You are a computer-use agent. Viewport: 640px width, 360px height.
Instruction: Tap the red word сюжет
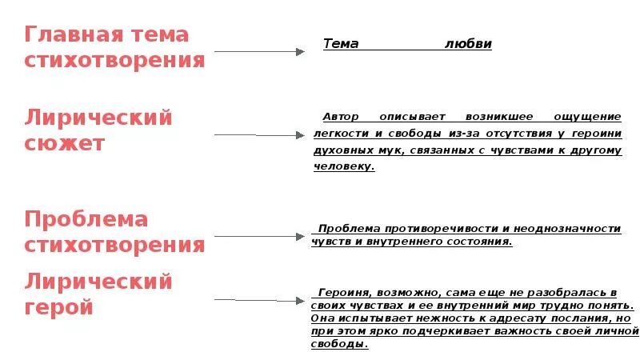65,144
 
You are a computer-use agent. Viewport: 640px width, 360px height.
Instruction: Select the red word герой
59,307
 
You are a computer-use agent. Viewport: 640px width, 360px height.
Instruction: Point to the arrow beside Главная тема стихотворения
259,51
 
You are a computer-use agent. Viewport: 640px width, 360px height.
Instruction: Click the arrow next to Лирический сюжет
261,135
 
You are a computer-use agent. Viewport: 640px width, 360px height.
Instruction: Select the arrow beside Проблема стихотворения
259,237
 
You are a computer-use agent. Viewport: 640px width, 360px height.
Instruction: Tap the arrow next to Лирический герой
259,300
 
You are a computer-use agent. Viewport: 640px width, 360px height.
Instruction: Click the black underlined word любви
468,44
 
